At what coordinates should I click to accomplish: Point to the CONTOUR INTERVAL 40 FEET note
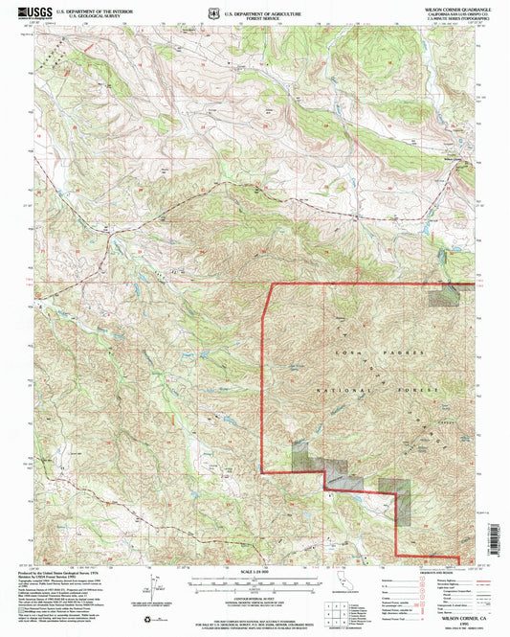tap(256, 595)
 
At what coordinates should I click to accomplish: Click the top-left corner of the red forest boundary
tap(265, 284)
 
